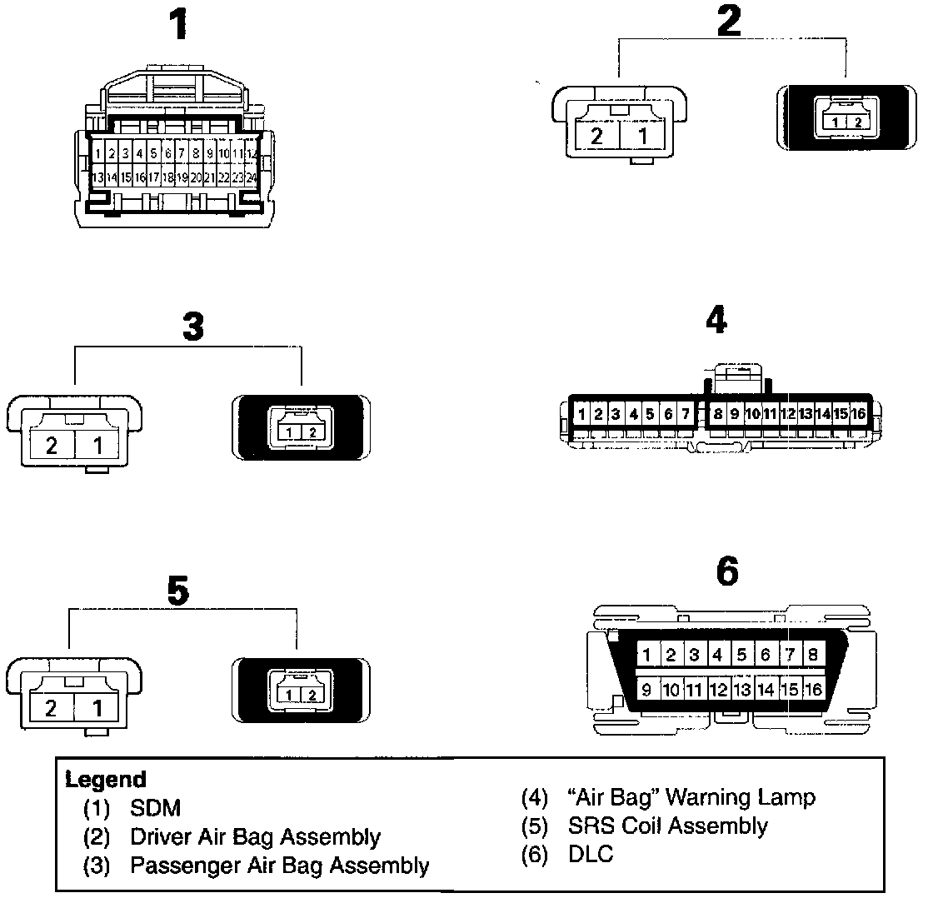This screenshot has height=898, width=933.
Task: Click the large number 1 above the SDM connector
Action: (x=177, y=26)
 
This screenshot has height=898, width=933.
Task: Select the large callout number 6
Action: (x=726, y=571)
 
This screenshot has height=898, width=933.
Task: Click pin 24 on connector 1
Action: (x=251, y=177)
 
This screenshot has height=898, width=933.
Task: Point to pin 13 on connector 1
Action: (x=97, y=177)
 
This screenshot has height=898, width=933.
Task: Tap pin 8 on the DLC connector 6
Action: (x=812, y=655)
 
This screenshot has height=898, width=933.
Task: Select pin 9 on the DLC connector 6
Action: (x=646, y=689)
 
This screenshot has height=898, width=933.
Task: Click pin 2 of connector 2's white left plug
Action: (x=596, y=136)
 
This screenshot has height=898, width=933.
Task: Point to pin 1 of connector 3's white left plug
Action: (x=97, y=445)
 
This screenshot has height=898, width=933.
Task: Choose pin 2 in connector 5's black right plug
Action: (x=311, y=695)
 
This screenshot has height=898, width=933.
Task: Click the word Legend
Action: (x=106, y=781)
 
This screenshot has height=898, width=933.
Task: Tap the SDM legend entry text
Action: (x=155, y=808)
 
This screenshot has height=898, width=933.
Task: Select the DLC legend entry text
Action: (x=590, y=855)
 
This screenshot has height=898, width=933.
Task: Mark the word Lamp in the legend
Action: (x=786, y=798)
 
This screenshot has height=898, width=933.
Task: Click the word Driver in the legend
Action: (x=155, y=836)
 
